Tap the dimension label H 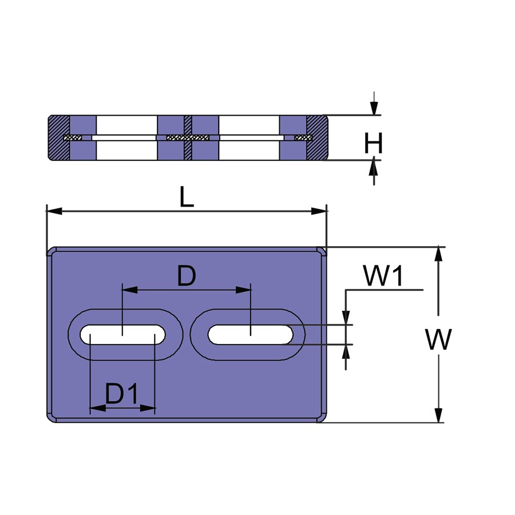pos(374,143)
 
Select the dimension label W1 pos(383,276)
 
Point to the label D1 pos(121,394)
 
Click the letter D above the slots pos(187,276)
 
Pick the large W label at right pos(438,339)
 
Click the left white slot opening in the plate pos(122,335)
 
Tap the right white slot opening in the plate pos(250,335)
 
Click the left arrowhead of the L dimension pos(54,211)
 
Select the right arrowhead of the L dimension pos(319,211)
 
